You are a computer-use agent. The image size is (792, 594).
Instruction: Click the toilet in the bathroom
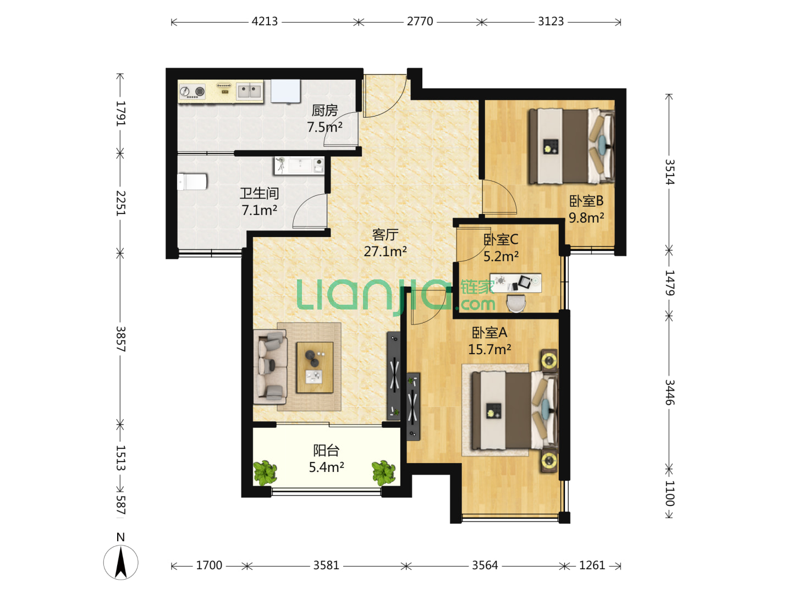click(x=192, y=182)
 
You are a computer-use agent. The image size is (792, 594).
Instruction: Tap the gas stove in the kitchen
click(x=193, y=91)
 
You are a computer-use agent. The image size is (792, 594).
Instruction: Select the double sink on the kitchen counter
click(x=249, y=90)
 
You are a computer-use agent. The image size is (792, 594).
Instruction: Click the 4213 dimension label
click(x=265, y=21)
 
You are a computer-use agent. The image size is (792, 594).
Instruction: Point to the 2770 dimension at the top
click(x=420, y=21)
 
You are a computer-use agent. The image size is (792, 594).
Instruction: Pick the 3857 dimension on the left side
click(x=120, y=339)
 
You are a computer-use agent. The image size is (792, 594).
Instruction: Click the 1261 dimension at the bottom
click(x=592, y=565)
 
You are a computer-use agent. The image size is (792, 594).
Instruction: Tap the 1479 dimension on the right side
click(x=669, y=283)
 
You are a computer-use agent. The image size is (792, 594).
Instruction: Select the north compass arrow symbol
click(x=120, y=562)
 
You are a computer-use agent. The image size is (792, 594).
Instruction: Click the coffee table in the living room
click(x=315, y=367)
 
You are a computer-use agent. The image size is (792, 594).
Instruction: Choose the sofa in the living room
click(x=270, y=366)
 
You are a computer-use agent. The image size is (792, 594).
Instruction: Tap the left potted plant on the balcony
click(x=265, y=472)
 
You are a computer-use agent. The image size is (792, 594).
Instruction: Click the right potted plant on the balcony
click(x=383, y=472)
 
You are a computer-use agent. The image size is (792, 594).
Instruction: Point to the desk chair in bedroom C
click(x=516, y=303)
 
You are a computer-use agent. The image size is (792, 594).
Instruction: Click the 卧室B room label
click(x=586, y=201)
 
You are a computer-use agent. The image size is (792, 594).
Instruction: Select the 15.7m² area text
click(x=490, y=349)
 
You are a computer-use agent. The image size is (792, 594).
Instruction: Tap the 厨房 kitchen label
click(x=324, y=111)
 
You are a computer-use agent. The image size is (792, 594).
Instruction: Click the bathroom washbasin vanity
click(x=299, y=166)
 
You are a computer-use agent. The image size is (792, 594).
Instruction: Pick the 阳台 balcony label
click(x=326, y=450)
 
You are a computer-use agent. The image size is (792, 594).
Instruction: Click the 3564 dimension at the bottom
click(x=485, y=565)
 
